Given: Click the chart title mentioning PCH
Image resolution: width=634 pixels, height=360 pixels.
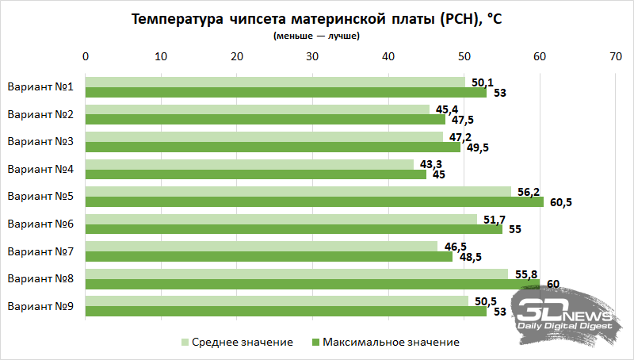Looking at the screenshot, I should (x=316, y=20).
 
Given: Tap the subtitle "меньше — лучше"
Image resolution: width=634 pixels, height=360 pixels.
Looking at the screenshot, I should (x=316, y=36).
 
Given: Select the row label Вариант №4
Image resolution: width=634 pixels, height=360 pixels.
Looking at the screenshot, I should (x=40, y=169).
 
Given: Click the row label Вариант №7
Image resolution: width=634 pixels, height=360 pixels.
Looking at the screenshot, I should (x=40, y=251).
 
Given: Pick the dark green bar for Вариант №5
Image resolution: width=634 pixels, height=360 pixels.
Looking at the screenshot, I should (x=314, y=201).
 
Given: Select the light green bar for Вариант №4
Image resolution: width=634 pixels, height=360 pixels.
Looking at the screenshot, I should (x=249, y=164).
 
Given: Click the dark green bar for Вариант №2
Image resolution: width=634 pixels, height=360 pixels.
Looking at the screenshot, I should (x=265, y=120).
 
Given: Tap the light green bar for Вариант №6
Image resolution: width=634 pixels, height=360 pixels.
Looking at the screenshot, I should (x=281, y=219).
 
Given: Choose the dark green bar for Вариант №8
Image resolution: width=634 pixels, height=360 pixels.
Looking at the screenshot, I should (x=312, y=284).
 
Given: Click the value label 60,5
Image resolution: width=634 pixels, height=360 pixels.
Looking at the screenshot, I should (x=560, y=202).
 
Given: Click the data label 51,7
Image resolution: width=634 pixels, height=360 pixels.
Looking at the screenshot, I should (x=492, y=218).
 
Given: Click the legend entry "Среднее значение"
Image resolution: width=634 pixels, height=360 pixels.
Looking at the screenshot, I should (x=237, y=342).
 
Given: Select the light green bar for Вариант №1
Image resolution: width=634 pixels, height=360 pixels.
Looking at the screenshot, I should (x=275, y=82).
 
